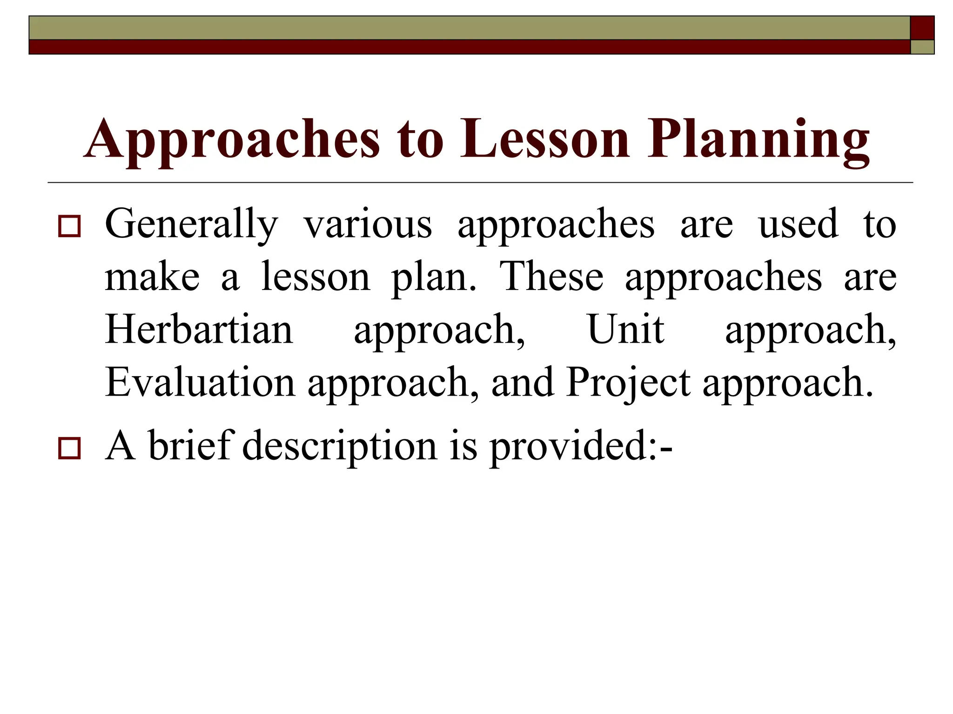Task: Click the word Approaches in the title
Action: tap(232, 139)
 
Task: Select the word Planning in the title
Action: tap(758, 139)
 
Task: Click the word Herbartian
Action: tap(199, 330)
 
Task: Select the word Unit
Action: tap(626, 330)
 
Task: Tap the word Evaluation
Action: tap(200, 383)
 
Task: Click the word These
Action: tap(551, 277)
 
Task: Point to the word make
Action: tap(152, 278)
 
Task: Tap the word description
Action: tap(340, 446)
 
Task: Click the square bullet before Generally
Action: tap(69, 226)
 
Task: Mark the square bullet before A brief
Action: tap(69, 448)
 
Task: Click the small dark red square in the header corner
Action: tap(922, 28)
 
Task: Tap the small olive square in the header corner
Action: tap(922, 47)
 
